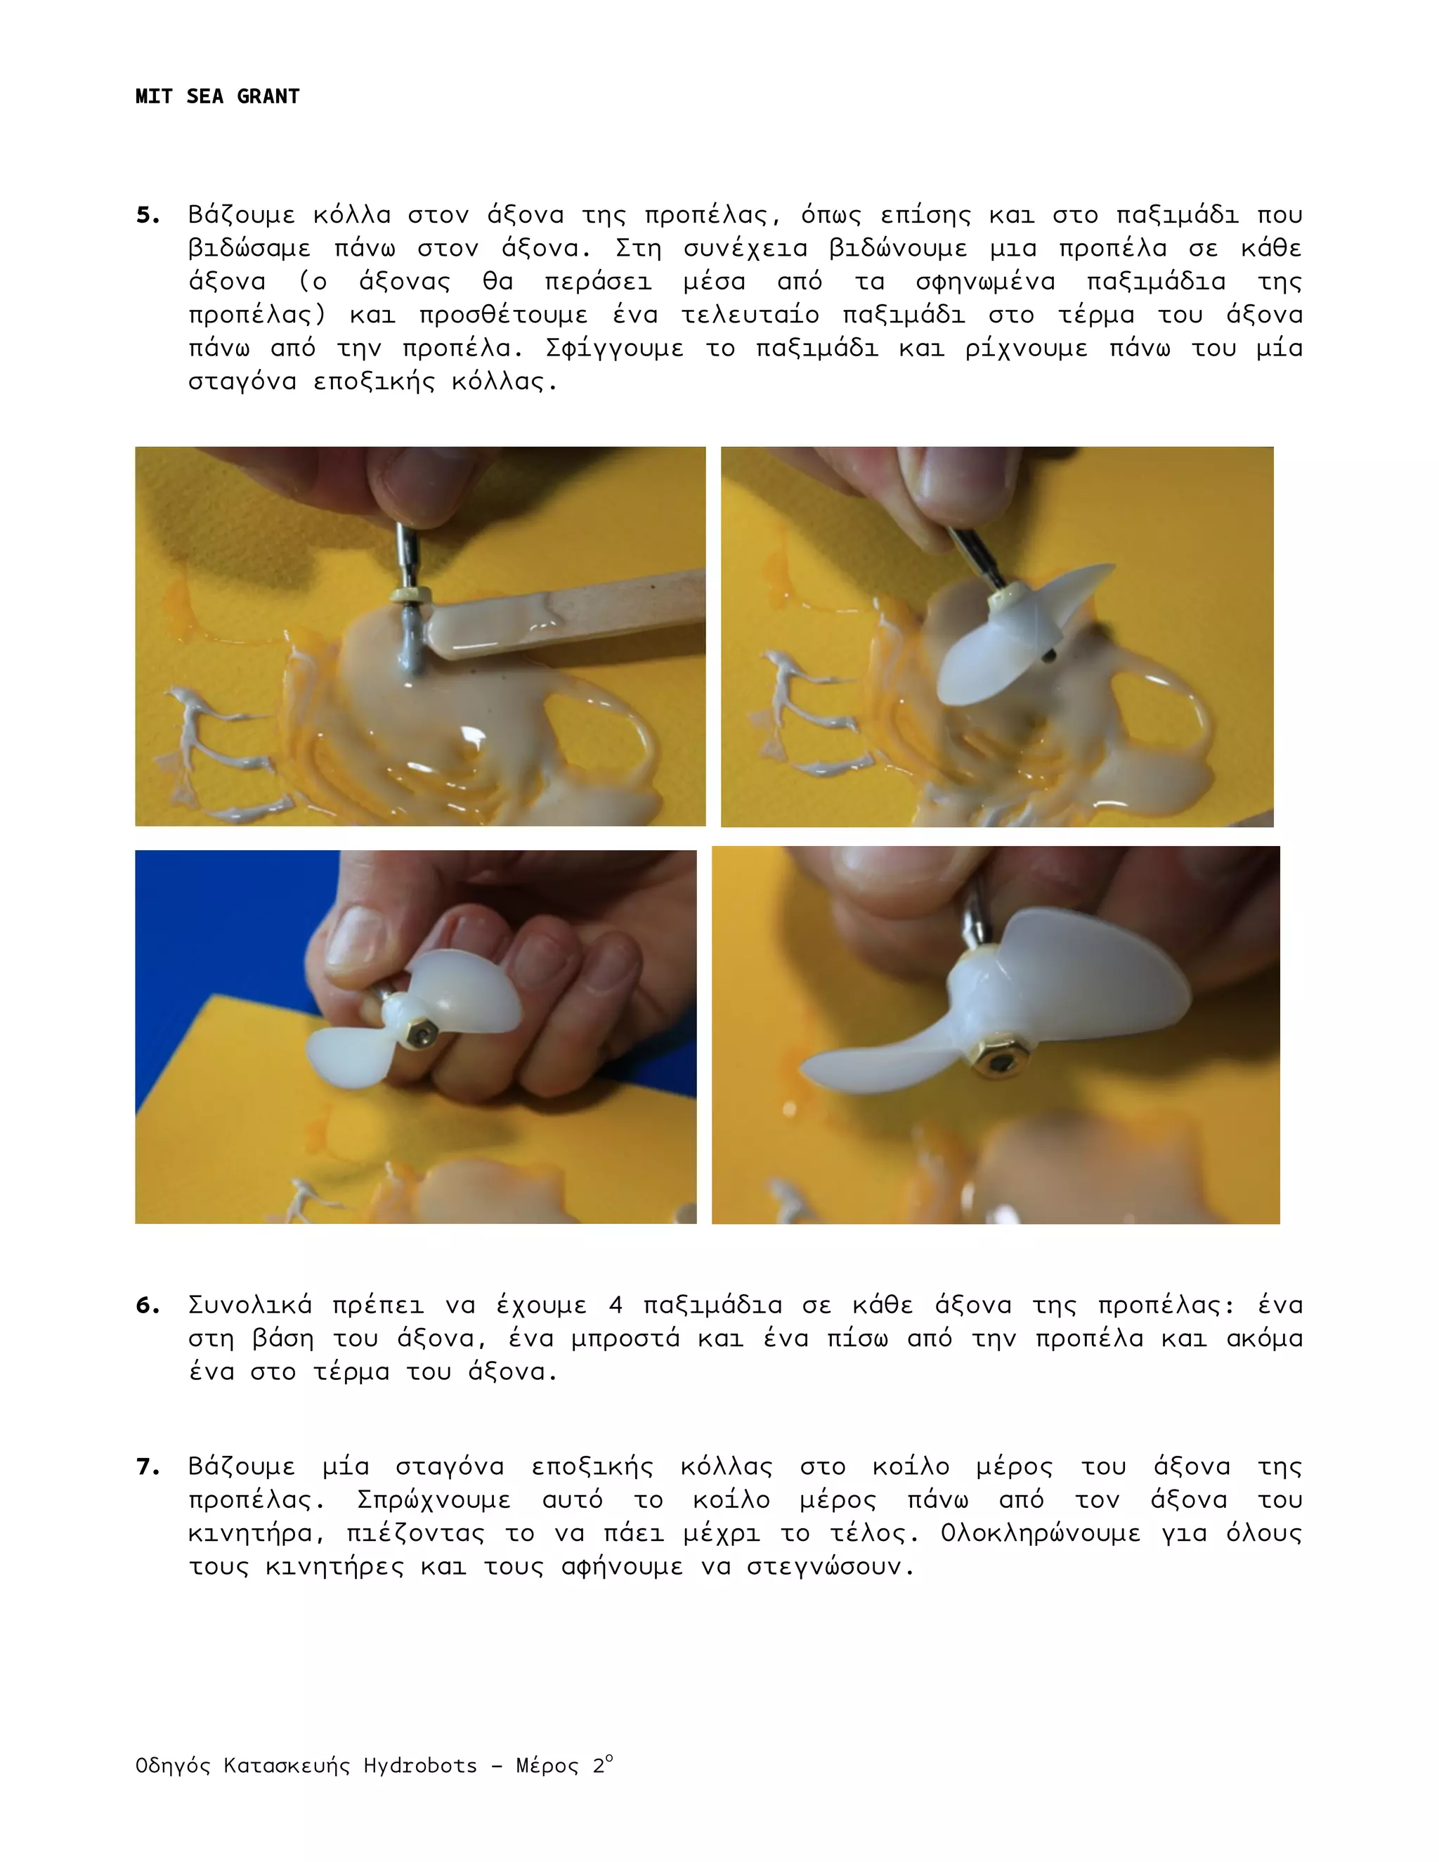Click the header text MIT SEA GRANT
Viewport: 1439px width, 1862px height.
coord(217,96)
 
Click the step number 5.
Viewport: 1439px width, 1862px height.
coord(148,215)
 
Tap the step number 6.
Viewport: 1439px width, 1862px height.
coord(148,1306)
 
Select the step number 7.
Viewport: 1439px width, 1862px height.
coord(148,1467)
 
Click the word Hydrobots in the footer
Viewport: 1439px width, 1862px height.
coord(420,1766)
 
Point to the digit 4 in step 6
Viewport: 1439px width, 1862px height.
coord(616,1306)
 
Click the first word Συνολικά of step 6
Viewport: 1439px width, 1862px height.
coord(249,1306)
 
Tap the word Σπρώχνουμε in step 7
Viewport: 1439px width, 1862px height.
coord(433,1501)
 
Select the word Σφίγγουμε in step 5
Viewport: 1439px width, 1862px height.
coord(614,349)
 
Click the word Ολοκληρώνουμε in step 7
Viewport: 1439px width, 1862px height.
coord(1040,1534)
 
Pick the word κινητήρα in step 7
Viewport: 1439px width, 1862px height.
coord(256,1534)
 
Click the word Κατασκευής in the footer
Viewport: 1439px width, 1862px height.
coord(287,1766)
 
